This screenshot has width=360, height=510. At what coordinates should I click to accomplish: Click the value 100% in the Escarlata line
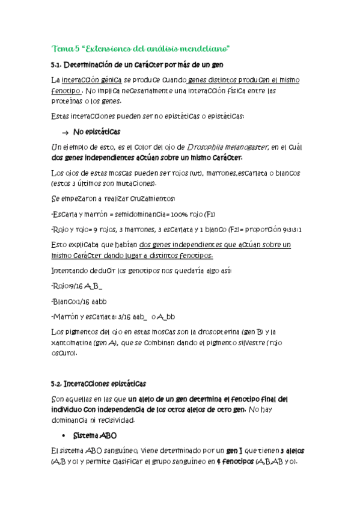coord(180,215)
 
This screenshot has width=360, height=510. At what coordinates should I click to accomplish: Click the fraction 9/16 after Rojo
coord(76,286)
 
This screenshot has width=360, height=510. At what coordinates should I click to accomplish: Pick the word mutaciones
coord(133,183)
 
